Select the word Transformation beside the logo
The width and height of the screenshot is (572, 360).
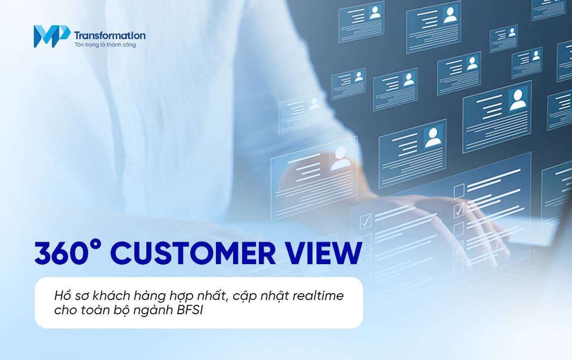[110, 35]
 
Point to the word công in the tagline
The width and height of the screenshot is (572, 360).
[129, 45]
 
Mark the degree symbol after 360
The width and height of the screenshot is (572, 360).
[97, 244]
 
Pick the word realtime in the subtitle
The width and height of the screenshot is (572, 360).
[319, 296]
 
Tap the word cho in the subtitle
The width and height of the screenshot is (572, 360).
[64, 310]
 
